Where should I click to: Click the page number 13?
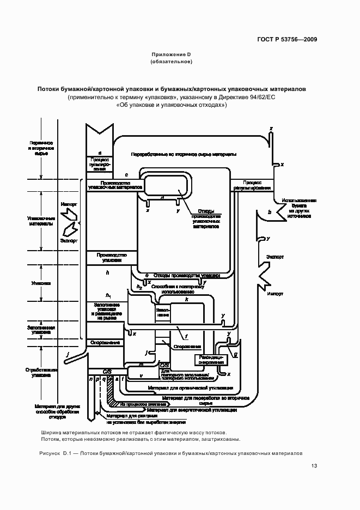pos(314,465)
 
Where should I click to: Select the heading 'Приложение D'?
pos(171,54)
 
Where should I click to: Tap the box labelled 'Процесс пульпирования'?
pos(100,164)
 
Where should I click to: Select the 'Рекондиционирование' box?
pos(210,360)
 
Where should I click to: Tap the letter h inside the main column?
pos(108,272)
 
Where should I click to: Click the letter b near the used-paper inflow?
pos(269,211)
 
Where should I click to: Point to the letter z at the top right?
pos(271,129)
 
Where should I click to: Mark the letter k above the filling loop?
pos(186,300)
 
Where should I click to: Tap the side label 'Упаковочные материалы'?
pos(41,221)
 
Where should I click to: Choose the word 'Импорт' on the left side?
pos(69,204)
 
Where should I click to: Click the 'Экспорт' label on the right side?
pos(274,256)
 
